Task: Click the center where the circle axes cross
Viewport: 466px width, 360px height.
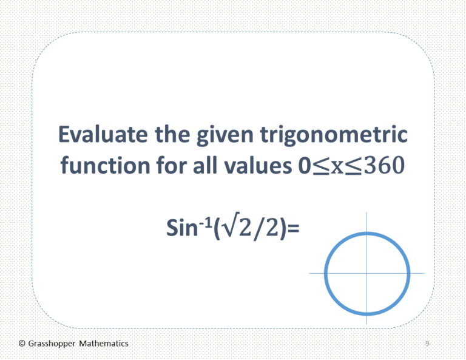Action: coord(366,273)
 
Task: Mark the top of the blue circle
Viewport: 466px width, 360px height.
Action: coord(366,233)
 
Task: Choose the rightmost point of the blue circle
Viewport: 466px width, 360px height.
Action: coord(408,273)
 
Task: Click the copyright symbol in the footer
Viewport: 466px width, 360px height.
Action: coord(22,344)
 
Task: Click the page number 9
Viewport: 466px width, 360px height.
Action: coord(427,344)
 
